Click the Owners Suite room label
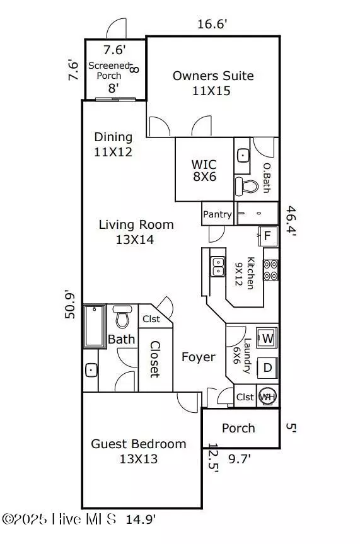point(213,76)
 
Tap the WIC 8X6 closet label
point(204,170)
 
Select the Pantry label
point(218,214)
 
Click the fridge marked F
point(268,236)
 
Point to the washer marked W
point(267,338)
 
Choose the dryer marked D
point(267,367)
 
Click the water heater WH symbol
point(268,396)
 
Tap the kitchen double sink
point(218,267)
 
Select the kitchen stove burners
point(270,270)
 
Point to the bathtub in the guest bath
point(95,327)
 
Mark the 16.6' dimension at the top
point(212,24)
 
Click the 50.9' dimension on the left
point(70,305)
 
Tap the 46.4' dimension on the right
point(291,221)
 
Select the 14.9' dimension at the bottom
point(141,519)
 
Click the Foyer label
point(198,357)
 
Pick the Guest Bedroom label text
point(139,444)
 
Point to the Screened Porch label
point(109,71)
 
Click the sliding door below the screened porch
point(115,100)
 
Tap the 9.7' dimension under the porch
point(239,459)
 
